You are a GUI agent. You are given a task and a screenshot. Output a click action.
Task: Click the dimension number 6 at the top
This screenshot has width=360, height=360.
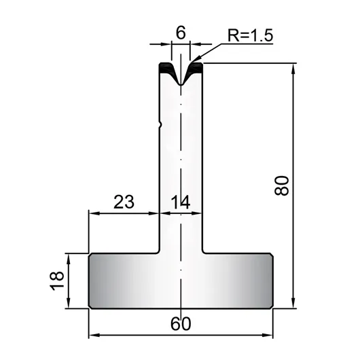[181, 33]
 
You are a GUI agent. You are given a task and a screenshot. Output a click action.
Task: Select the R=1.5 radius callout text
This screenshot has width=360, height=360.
[250, 35]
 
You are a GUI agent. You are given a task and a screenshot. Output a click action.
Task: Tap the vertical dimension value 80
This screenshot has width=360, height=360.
[281, 185]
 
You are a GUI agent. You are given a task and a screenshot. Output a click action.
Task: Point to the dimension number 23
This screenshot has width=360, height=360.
[124, 202]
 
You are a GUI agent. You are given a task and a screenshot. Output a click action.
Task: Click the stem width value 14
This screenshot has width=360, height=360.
[181, 202]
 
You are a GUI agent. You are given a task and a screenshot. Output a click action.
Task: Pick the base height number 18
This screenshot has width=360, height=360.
[56, 281]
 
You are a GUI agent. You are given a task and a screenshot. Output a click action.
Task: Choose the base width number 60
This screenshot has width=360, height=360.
[181, 324]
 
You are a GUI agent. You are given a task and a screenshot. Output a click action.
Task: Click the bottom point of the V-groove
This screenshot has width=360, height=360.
[181, 85]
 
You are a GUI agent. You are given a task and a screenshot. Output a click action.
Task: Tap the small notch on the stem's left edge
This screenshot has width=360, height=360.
[160, 125]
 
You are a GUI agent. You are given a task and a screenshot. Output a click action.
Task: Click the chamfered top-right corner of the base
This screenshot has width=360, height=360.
[272, 255]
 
